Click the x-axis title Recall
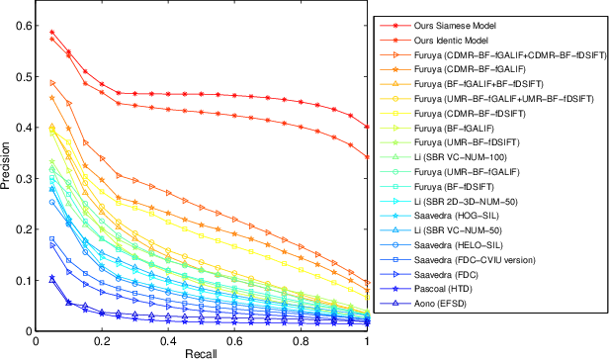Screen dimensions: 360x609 (202, 352)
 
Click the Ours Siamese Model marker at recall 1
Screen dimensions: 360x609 (367, 127)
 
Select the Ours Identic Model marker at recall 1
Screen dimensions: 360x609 (367, 156)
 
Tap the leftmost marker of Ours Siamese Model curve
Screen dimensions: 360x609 (52, 33)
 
